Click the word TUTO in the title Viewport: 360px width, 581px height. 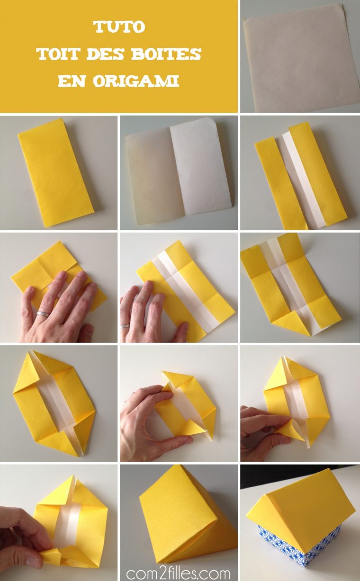click(x=119, y=27)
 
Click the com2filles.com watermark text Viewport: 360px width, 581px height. click(x=178, y=572)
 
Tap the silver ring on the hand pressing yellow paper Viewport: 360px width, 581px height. click(x=43, y=314)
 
